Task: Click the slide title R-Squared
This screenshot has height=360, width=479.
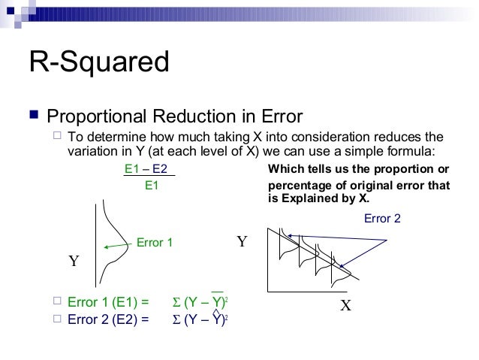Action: (x=98, y=62)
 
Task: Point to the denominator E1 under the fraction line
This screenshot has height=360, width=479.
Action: (x=151, y=185)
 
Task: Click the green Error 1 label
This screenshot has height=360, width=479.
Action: (x=155, y=243)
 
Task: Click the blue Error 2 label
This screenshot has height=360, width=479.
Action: (x=382, y=218)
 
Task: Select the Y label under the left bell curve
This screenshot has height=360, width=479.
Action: (x=74, y=262)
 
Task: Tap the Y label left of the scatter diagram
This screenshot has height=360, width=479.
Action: (x=242, y=242)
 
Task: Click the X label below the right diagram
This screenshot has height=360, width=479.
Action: (x=346, y=305)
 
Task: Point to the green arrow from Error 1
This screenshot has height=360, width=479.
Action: (x=118, y=245)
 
